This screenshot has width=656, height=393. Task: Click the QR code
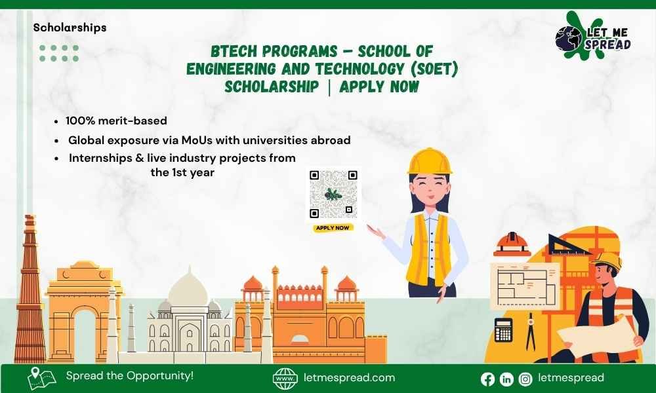(334, 195)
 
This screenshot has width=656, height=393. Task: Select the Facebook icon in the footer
(487, 379)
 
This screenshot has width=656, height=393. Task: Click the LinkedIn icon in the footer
(506, 379)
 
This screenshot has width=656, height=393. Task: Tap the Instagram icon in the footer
(525, 379)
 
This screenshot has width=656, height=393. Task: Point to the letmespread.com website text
(350, 377)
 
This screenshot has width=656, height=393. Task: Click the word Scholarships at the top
(70, 28)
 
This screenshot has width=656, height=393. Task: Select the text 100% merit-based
(116, 121)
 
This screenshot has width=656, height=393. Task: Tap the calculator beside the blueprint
(504, 329)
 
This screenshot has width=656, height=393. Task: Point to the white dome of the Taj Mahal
(188, 288)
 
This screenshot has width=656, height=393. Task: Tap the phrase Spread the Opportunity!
(130, 376)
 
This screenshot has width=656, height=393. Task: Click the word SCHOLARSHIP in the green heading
(271, 86)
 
